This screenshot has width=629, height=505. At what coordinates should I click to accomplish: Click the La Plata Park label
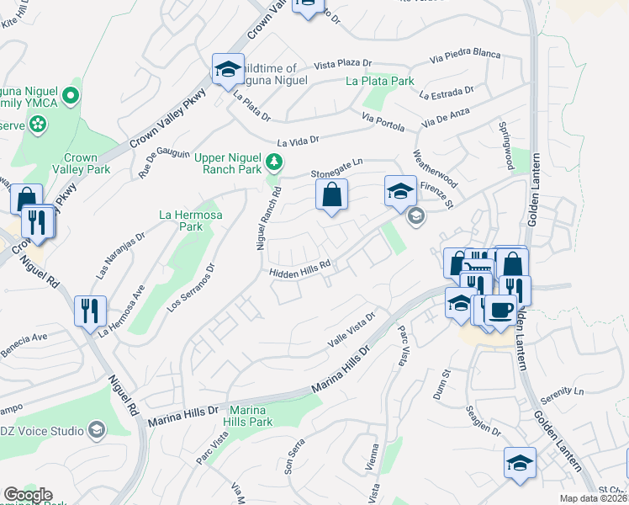[x=380, y=82]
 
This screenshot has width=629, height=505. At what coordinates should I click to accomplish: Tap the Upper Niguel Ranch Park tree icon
[x=273, y=162]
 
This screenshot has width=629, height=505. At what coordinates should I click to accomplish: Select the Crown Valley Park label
[x=81, y=163]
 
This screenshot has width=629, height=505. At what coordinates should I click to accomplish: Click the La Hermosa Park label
[x=180, y=221]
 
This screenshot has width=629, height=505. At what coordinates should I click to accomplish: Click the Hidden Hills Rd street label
[x=298, y=271]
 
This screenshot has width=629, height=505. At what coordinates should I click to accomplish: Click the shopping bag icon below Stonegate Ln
[x=332, y=195]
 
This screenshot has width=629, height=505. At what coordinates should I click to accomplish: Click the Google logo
[x=28, y=495]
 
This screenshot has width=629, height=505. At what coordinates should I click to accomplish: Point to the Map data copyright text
[x=592, y=498]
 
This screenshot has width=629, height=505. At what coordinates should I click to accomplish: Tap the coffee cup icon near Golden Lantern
[x=499, y=309]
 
